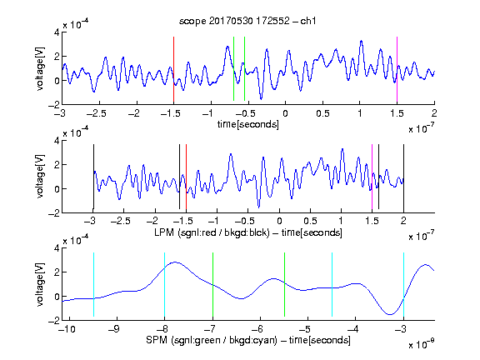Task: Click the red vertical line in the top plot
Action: pos(173,69)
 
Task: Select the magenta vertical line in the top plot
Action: pos(397,69)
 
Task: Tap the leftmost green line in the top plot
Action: pos(233,68)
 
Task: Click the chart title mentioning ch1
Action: pos(247,21)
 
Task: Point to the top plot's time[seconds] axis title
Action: pos(248,124)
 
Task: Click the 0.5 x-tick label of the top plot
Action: pos(322,113)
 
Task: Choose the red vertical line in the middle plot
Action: pos(186,177)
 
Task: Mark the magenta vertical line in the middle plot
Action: pos(372,177)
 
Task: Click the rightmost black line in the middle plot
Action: pos(403,177)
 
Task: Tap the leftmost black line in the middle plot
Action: pos(93,177)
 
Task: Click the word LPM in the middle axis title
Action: pos(164,232)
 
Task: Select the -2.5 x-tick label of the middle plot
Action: pos(120,221)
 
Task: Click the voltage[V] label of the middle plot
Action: pos(40,177)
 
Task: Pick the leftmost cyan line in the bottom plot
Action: pos(93,284)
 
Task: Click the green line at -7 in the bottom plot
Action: pos(212,284)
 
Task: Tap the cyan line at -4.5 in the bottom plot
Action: pos(332,284)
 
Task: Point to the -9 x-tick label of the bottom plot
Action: pos(114,329)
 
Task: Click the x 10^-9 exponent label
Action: pos(421,344)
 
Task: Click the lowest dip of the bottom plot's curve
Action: pos(390,314)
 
